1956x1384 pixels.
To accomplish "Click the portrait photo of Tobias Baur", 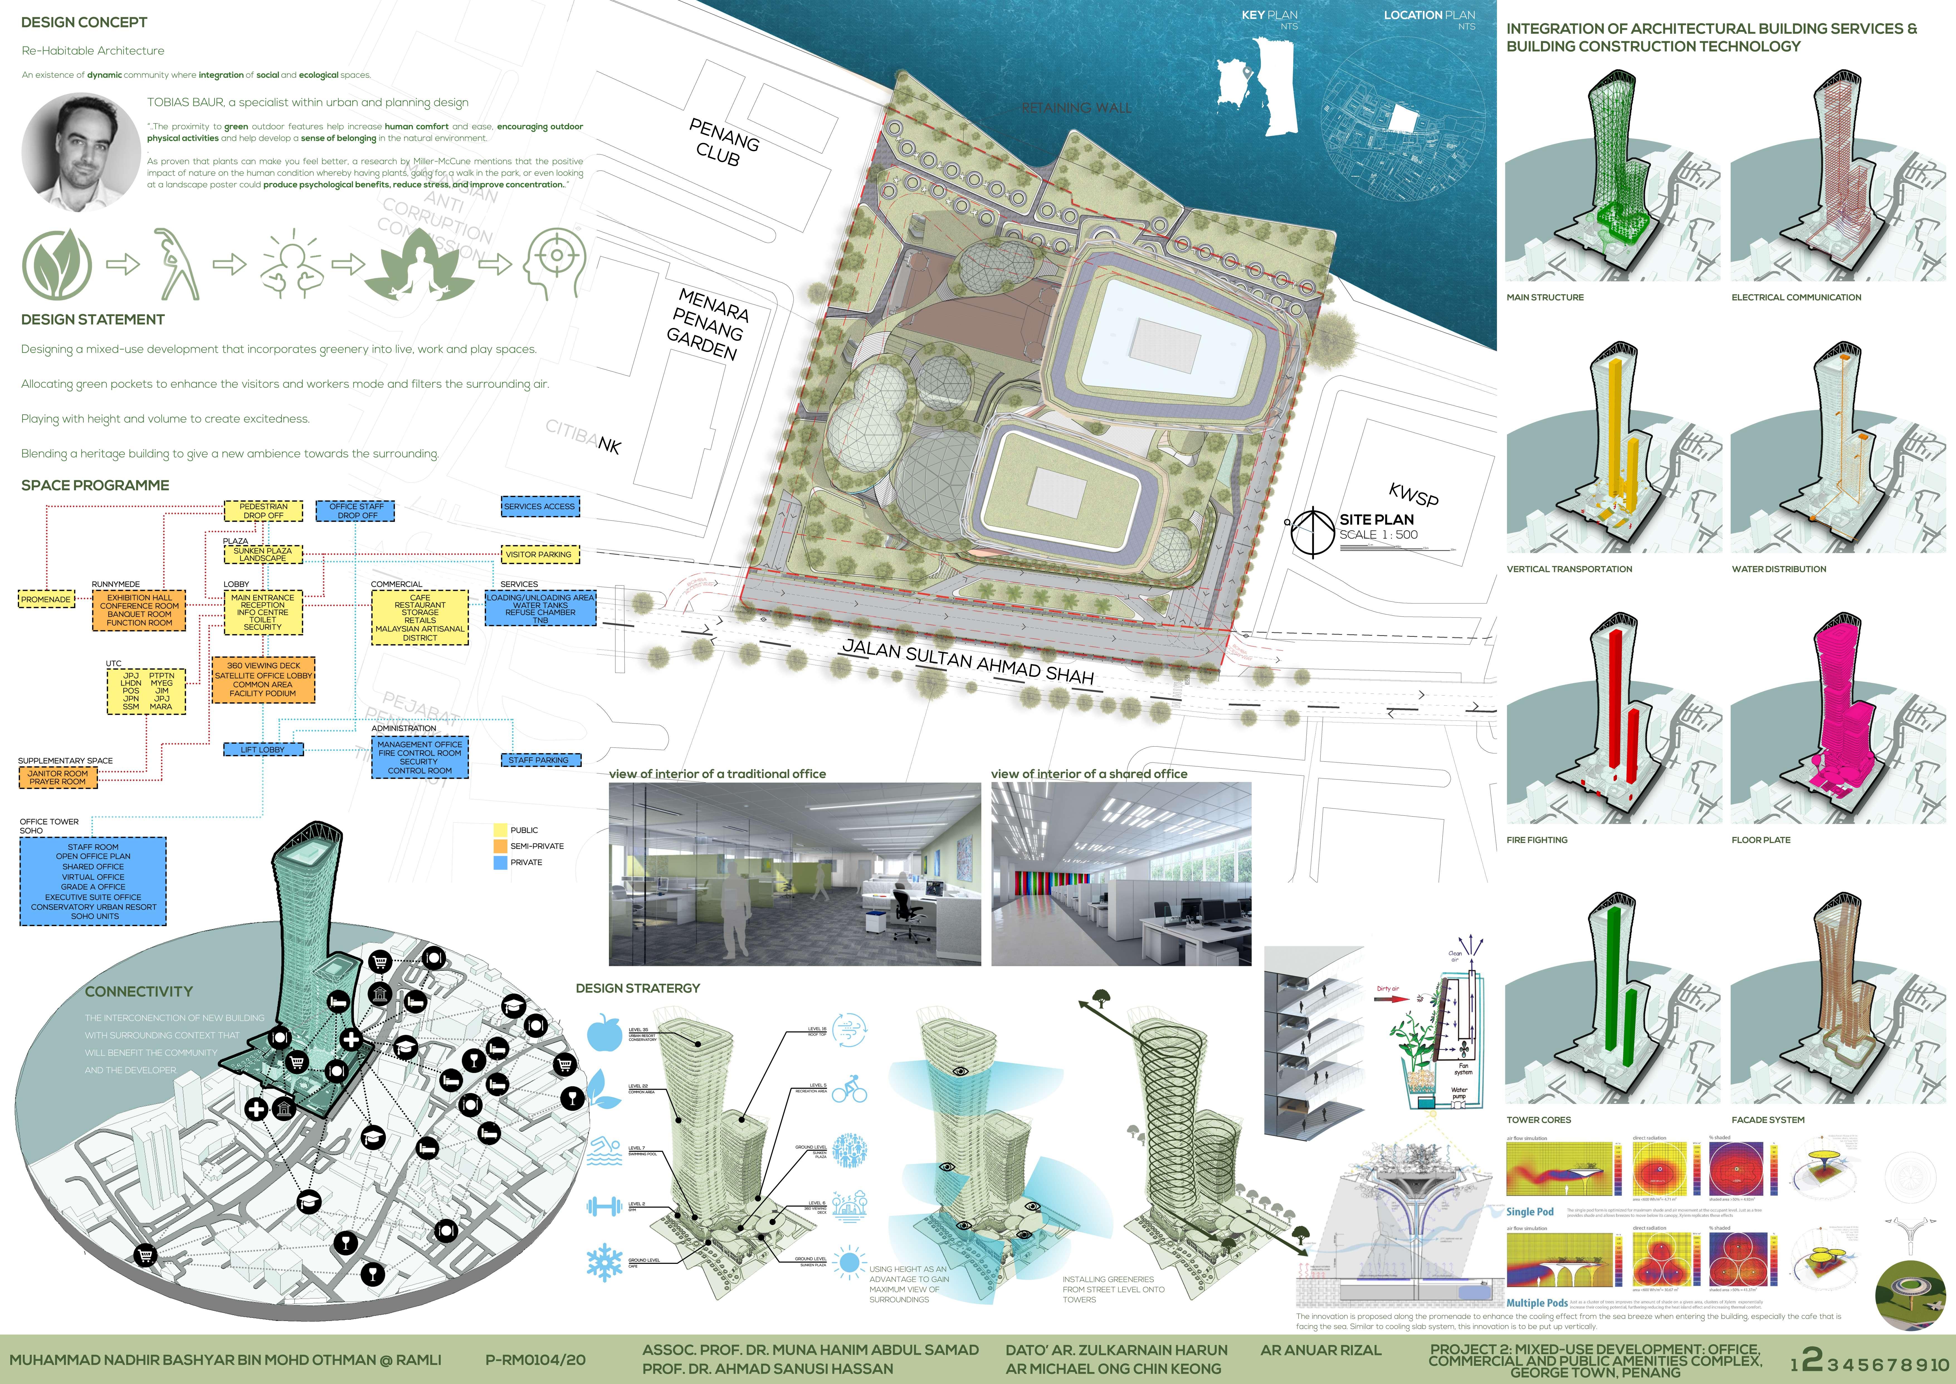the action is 81,153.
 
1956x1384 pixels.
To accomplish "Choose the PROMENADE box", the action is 46,599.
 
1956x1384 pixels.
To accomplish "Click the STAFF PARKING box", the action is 538,759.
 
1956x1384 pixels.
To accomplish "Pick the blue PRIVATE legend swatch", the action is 500,863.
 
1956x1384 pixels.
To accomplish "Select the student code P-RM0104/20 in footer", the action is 535,1360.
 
